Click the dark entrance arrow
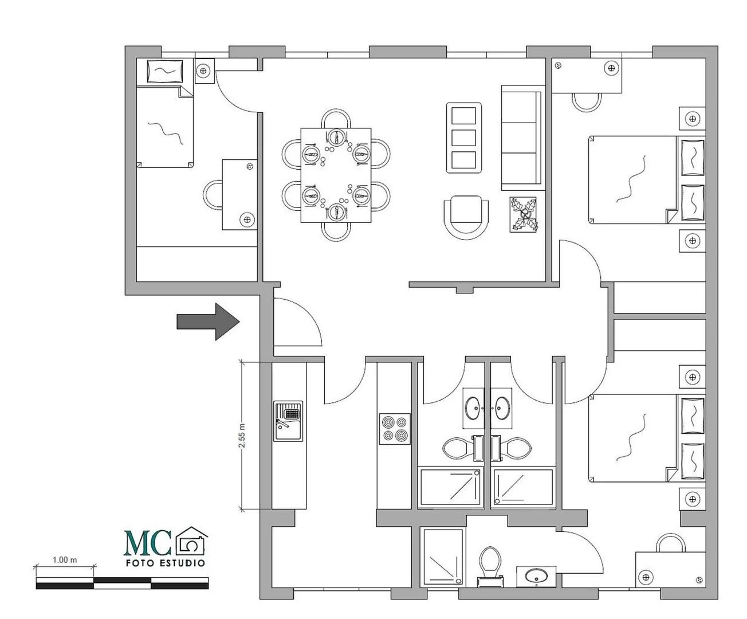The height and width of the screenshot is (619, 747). pyautogui.click(x=208, y=322)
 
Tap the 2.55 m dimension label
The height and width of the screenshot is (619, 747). pyautogui.click(x=242, y=436)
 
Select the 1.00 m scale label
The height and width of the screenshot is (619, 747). pyautogui.click(x=65, y=560)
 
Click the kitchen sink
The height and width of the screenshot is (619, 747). pyautogui.click(x=288, y=421)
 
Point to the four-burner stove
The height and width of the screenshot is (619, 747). pyautogui.click(x=395, y=429)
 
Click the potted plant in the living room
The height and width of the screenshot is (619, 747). pyautogui.click(x=524, y=214)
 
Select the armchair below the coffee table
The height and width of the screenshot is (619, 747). pyautogui.click(x=466, y=217)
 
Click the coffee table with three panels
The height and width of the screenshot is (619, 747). pyautogui.click(x=463, y=138)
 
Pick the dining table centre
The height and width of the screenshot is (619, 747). pyautogui.click(x=336, y=175)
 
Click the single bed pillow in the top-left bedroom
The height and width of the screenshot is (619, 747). pyautogui.click(x=164, y=71)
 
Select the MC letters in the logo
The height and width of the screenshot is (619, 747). pyautogui.click(x=147, y=542)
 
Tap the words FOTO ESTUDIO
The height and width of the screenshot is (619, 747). pyautogui.click(x=166, y=563)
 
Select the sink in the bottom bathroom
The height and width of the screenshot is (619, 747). pyautogui.click(x=536, y=577)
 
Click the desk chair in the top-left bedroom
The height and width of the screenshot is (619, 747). pyautogui.click(x=213, y=195)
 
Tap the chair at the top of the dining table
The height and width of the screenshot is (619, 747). pyautogui.click(x=336, y=119)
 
